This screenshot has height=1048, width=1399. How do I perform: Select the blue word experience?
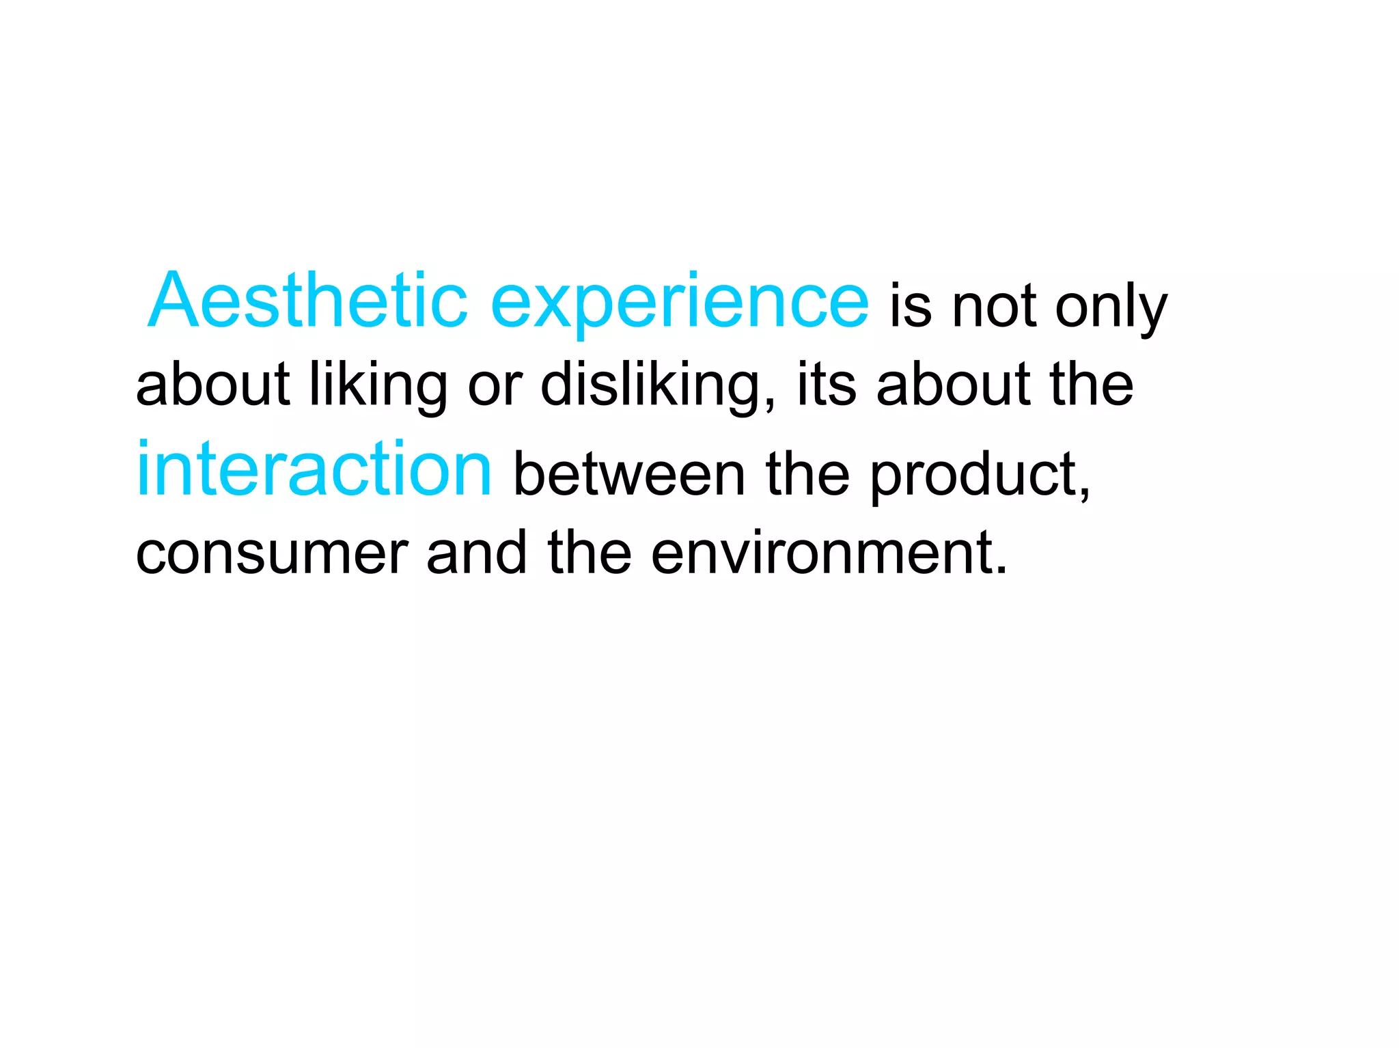(x=680, y=304)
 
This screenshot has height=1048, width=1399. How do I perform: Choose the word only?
(x=1111, y=309)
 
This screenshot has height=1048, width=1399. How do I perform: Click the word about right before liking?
(x=212, y=384)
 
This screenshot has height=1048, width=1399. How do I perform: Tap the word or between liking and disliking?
(x=495, y=387)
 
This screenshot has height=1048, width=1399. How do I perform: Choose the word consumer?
(x=272, y=553)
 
